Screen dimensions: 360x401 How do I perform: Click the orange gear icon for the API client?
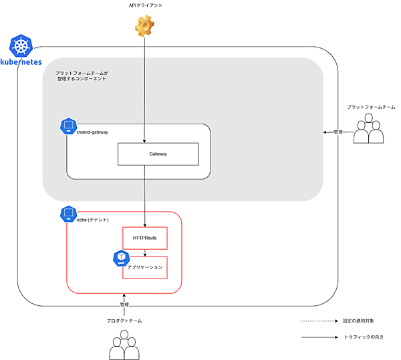[144, 26]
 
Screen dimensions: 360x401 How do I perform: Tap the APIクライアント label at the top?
[145, 5]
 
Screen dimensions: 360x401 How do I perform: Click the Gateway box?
[158, 154]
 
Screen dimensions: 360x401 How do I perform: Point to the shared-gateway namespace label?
[92, 132]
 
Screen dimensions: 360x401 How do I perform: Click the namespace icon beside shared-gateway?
[68, 126]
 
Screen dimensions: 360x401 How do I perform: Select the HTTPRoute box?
[144, 238]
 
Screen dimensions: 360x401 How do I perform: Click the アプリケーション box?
[145, 267]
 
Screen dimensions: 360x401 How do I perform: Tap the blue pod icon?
[121, 258]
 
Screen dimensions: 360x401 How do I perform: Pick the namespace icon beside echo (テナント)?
[68, 214]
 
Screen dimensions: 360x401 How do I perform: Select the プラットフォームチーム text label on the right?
[371, 107]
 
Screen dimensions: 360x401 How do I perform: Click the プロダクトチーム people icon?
[124, 345]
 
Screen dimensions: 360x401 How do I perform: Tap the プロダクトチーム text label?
[124, 321]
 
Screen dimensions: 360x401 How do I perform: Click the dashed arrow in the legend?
[318, 321]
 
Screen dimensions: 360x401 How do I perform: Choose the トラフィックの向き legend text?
[364, 337]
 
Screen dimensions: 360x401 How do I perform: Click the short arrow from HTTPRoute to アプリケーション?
[145, 252]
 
